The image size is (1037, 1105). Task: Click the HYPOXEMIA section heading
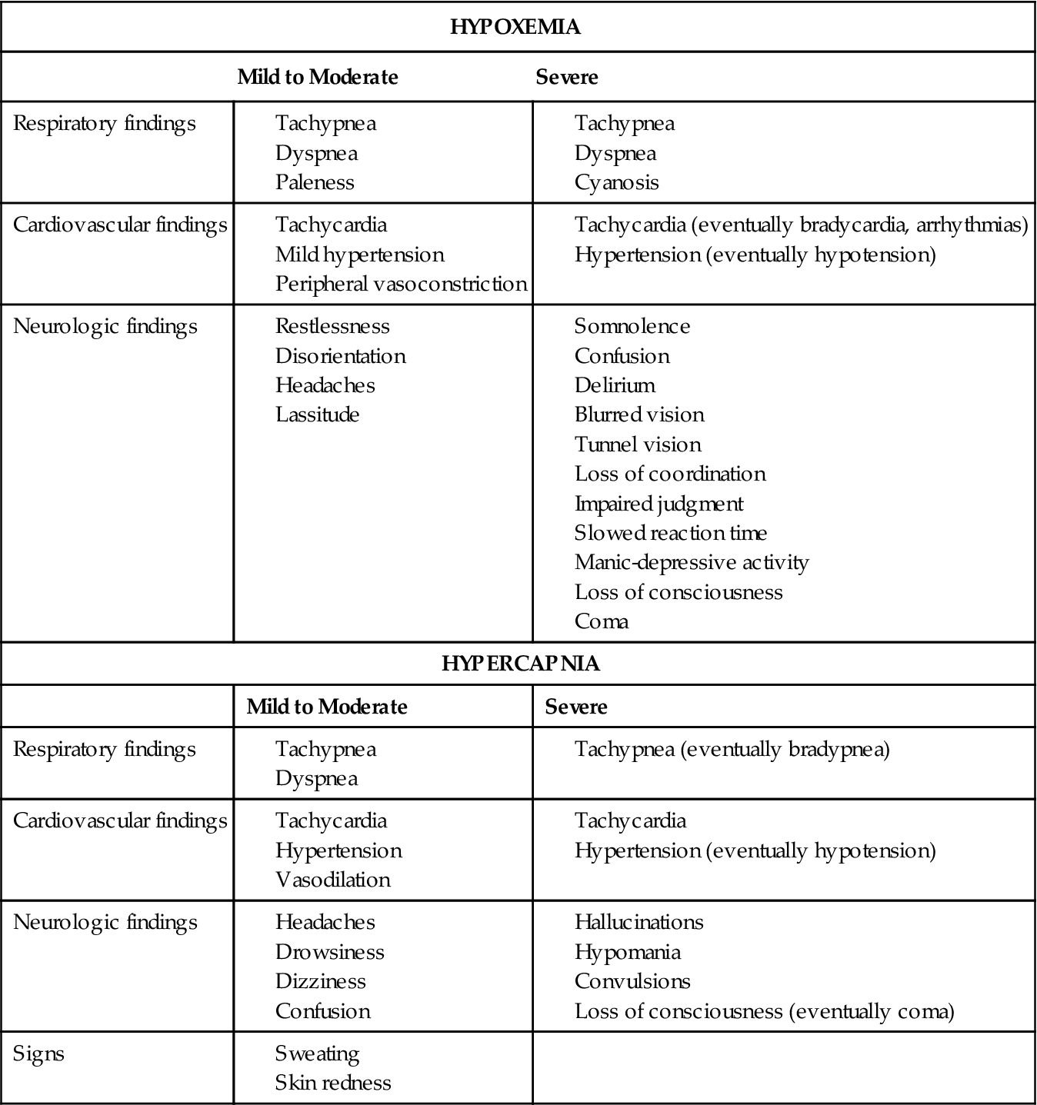(515, 28)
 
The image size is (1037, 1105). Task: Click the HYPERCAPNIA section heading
(520, 664)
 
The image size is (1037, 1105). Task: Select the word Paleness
(315, 182)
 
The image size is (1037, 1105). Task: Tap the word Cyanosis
(616, 182)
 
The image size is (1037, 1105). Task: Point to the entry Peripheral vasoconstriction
(401, 284)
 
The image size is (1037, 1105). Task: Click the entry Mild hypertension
(359, 255)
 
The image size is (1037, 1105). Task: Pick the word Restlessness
(332, 326)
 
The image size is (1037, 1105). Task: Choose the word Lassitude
(317, 414)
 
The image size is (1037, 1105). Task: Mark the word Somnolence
(632, 326)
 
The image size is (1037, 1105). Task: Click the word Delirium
(615, 385)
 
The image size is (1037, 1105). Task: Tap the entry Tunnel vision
(638, 444)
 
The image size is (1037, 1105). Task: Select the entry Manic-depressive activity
(691, 562)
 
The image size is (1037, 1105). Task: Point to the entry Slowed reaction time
(670, 533)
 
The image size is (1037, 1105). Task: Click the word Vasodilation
(332, 880)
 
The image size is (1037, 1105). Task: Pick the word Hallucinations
(639, 922)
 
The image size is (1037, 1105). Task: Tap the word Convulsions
(632, 981)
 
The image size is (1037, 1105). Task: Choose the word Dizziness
(320, 981)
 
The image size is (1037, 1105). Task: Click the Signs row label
(38, 1053)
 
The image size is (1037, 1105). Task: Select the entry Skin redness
(332, 1083)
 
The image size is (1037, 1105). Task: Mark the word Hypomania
(627, 952)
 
